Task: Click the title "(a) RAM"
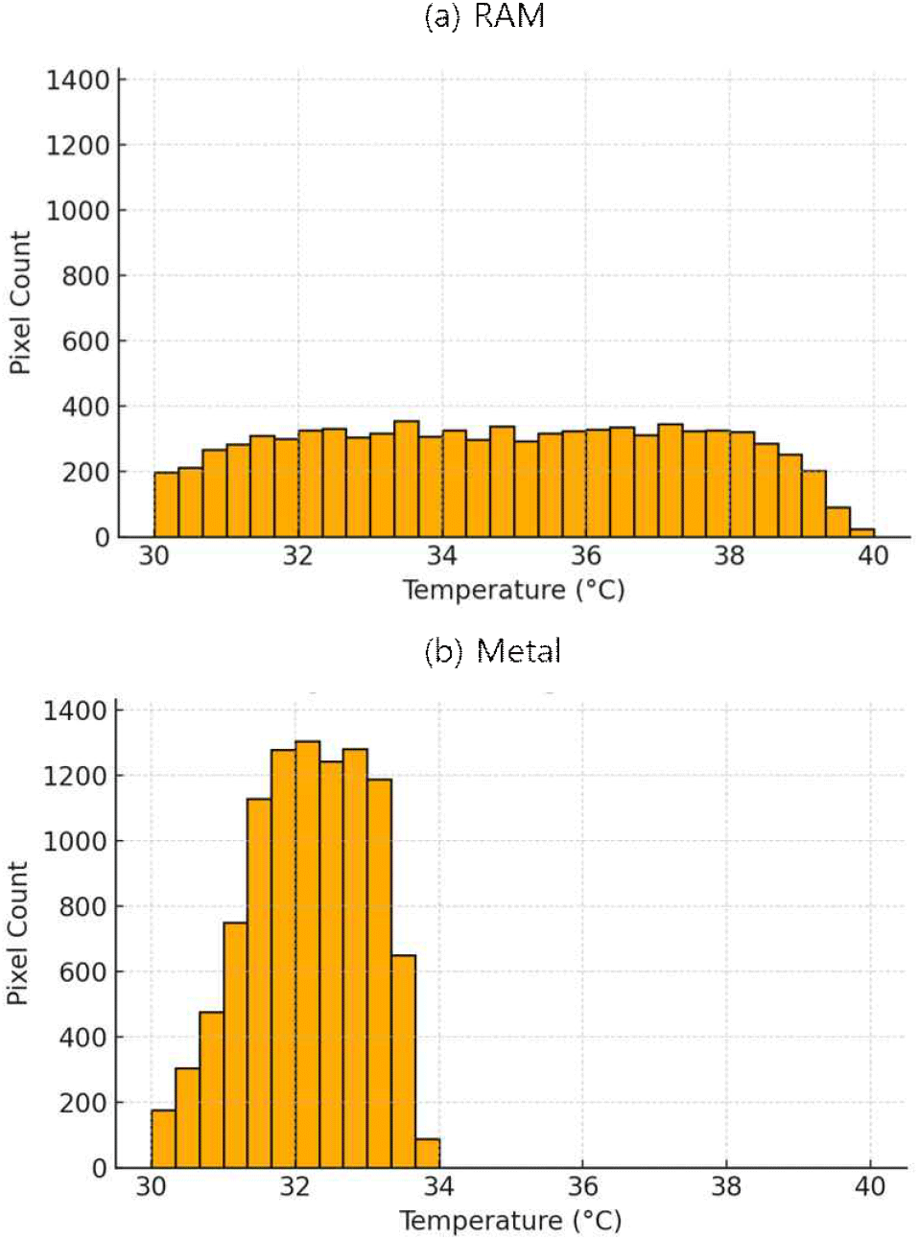point(484,16)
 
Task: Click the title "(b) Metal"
point(492,651)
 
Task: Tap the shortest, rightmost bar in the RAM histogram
point(861,532)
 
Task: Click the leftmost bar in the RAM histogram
point(166,504)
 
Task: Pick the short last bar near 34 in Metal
point(427,1154)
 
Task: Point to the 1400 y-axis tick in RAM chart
point(78,81)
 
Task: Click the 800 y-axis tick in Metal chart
point(82,907)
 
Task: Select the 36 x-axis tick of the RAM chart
point(585,556)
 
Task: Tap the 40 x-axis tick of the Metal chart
point(869,1187)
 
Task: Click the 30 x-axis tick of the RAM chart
point(153,556)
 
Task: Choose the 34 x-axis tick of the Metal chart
point(438,1187)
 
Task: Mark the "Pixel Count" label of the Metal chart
point(17,933)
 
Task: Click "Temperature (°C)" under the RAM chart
point(513,590)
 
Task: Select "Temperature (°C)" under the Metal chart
point(510,1221)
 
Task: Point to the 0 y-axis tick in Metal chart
point(99,1169)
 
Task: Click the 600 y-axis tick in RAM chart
point(85,341)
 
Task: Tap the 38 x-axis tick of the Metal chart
point(726,1187)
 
